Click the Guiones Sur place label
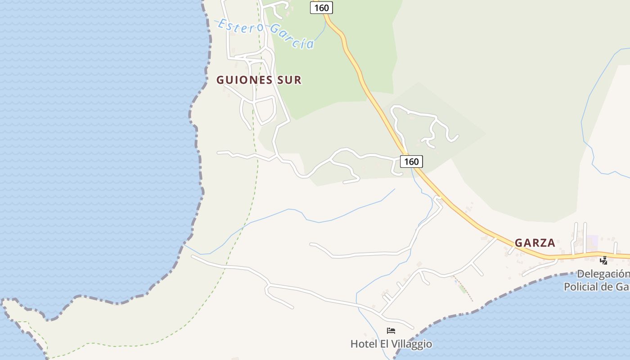click(259, 80)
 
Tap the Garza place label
click(535, 243)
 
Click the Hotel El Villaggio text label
click(391, 344)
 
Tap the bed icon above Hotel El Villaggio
click(391, 331)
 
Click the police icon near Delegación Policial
click(603, 260)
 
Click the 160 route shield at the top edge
click(321, 8)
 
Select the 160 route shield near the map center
click(411, 162)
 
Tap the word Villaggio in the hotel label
click(413, 344)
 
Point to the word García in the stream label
click(292, 38)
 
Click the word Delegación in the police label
click(603, 274)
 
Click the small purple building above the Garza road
click(592, 243)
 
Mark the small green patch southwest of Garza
click(463, 288)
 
